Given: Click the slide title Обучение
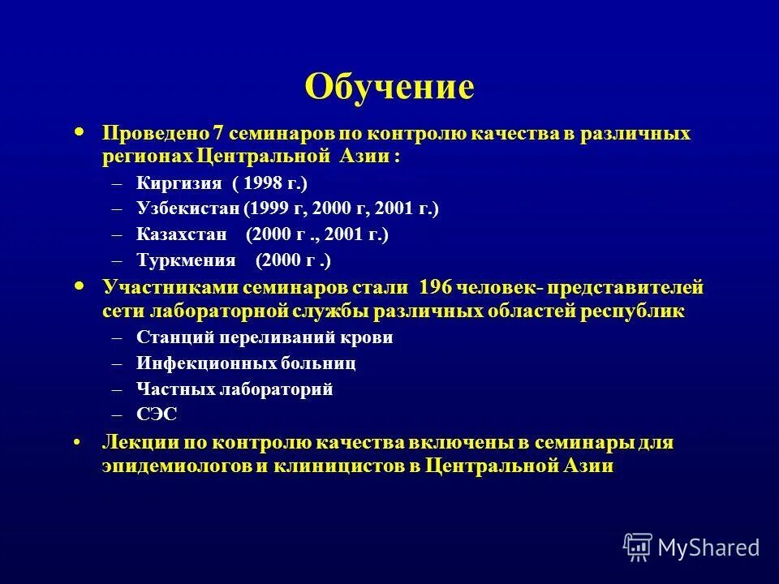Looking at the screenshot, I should click(389, 87).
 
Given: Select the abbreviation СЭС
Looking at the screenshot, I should click(157, 414).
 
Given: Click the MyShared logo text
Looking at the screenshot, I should click(708, 547).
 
